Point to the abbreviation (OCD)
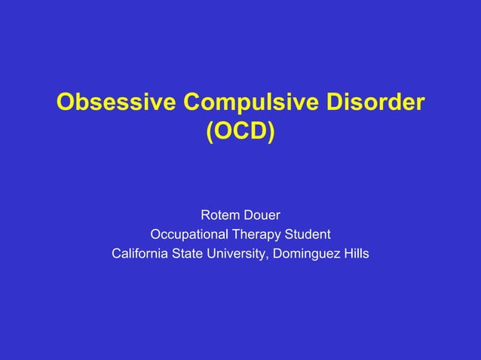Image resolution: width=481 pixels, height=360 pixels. (240, 133)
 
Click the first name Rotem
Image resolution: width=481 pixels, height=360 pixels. (220, 215)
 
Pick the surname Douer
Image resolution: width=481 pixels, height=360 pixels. (262, 215)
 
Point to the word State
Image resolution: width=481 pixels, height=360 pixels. (195, 253)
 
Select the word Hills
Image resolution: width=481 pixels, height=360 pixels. (355, 253)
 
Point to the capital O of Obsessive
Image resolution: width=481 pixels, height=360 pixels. (66, 102)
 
